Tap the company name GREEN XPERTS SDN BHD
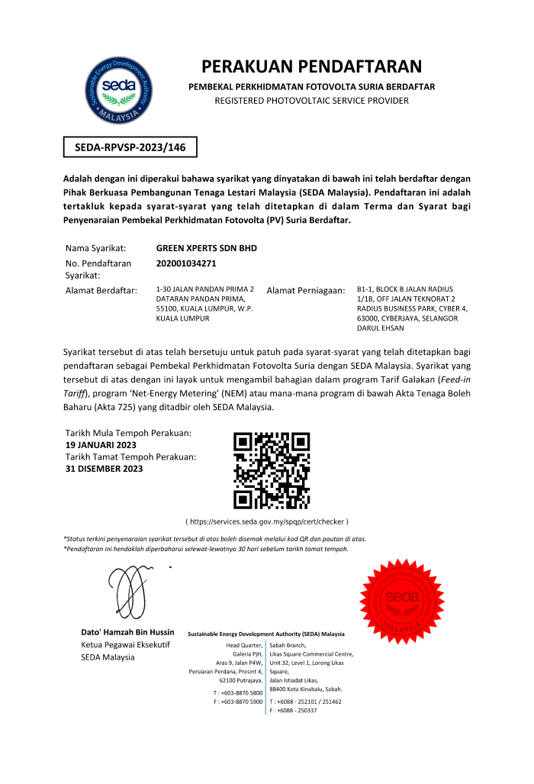(206, 248)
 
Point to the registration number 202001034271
(186, 263)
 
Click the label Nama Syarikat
(96, 248)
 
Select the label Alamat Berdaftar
(101, 290)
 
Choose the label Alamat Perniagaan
(305, 291)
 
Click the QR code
(272, 470)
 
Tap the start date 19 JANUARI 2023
(101, 444)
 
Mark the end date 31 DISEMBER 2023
(105, 469)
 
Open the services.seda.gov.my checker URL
(267, 521)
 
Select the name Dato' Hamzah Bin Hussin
(127, 632)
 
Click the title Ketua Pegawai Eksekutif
(125, 645)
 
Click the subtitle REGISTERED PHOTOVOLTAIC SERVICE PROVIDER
(311, 101)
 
